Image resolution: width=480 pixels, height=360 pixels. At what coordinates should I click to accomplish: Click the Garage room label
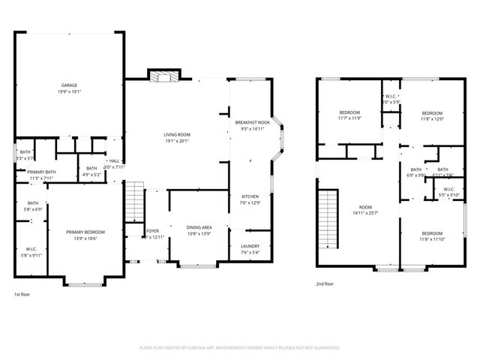(x=68, y=88)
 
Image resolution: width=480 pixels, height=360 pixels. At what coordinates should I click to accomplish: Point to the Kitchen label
(x=250, y=199)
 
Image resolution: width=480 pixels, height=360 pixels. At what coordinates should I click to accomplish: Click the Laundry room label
(x=250, y=249)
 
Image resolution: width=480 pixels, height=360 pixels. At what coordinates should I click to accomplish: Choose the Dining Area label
(x=199, y=230)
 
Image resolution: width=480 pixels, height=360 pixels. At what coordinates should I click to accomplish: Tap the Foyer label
(x=152, y=234)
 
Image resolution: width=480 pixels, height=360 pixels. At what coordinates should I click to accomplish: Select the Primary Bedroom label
(x=85, y=235)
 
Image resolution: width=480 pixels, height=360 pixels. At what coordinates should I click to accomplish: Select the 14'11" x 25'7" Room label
(x=365, y=210)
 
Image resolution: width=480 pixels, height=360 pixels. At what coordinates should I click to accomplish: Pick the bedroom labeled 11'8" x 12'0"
(x=431, y=115)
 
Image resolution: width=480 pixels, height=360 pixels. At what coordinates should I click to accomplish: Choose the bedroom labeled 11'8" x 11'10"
(x=431, y=236)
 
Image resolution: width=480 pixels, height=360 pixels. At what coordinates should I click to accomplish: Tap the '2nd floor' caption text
(x=325, y=284)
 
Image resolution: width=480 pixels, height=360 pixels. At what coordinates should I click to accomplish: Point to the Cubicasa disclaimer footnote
(x=239, y=348)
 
